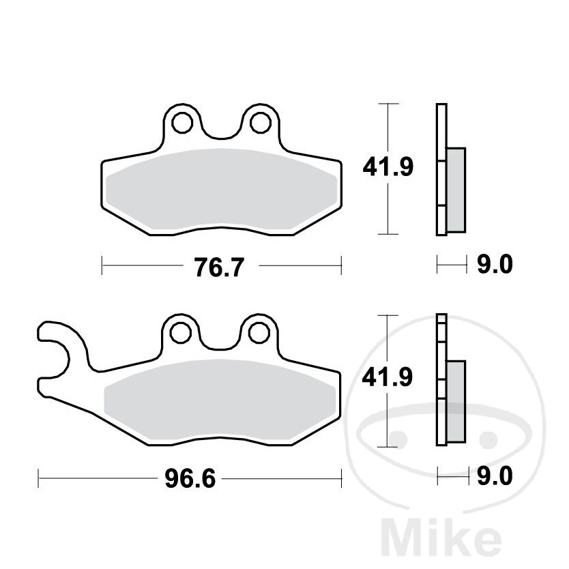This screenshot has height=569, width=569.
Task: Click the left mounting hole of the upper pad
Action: coord(181,123)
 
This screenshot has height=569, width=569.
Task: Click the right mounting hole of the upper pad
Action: coord(259,123)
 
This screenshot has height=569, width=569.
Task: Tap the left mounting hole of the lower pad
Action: coord(181,332)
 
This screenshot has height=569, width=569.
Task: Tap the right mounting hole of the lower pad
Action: coord(259,332)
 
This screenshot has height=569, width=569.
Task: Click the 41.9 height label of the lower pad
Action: coord(388,377)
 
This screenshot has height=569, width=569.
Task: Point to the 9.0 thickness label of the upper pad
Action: coord(493,265)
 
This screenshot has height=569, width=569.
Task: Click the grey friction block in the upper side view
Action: coord(456,189)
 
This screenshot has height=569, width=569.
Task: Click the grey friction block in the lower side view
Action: coord(456,400)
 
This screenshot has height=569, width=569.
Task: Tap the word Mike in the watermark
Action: coord(446,538)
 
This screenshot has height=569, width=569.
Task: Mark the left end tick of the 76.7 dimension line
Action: coord(102,265)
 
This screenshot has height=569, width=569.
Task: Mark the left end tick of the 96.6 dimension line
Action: coord(39,478)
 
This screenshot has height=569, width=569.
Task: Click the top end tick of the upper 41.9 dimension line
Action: coord(388,104)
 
